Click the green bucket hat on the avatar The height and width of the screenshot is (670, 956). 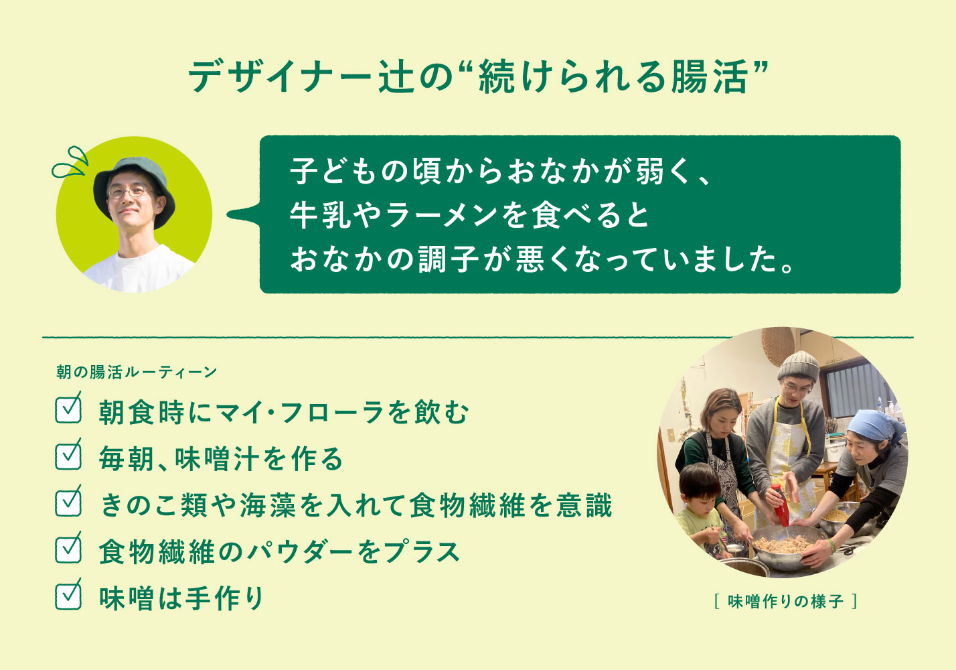point(131,176)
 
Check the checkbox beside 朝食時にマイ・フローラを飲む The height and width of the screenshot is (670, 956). point(68,409)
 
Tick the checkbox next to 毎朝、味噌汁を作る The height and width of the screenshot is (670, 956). point(68,456)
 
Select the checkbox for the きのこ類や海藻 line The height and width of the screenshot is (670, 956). point(68,503)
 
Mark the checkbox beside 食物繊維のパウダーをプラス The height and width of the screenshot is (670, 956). point(68,549)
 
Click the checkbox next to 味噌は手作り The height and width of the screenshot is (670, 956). point(68,596)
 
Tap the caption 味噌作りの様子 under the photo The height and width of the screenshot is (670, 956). point(785,602)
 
